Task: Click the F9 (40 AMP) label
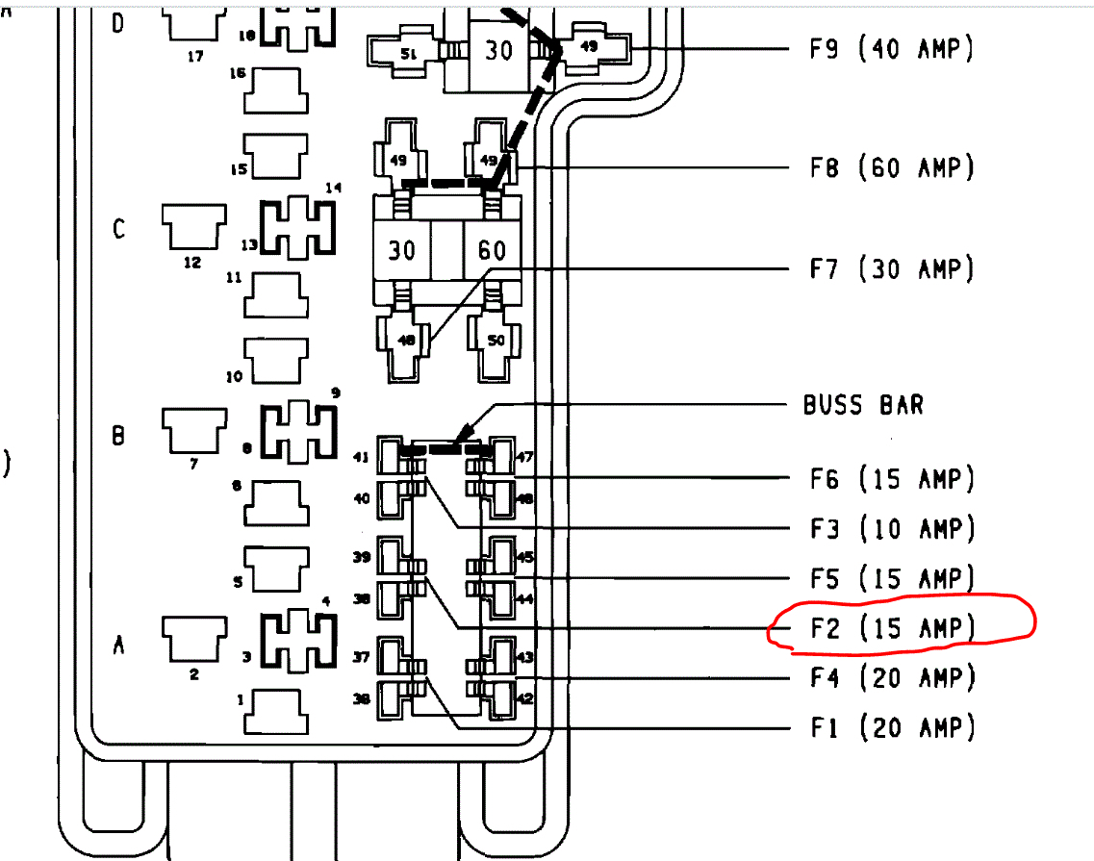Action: tap(891, 49)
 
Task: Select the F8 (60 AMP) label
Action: tap(891, 168)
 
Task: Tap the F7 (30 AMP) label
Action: tap(891, 268)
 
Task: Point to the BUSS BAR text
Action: tap(863, 405)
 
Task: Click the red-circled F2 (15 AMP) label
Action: tap(891, 628)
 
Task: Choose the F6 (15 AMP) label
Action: tap(891, 478)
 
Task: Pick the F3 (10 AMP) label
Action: tap(891, 528)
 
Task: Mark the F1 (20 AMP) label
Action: tap(891, 727)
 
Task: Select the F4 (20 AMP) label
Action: tap(891, 678)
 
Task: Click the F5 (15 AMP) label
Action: tap(891, 578)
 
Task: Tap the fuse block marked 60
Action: tap(492, 251)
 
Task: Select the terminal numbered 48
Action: tap(404, 340)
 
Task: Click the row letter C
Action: tap(119, 230)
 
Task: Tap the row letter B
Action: tap(119, 437)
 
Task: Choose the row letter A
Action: tap(119, 646)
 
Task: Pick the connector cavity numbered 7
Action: tap(193, 430)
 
